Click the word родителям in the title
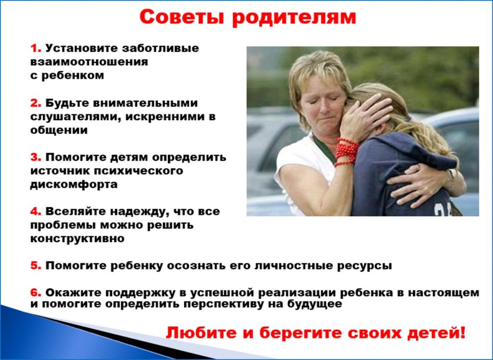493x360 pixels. [294, 18]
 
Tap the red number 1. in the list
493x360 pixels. [36, 49]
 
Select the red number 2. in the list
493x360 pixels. [36, 103]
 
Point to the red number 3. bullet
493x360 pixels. [36, 157]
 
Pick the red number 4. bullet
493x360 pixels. [36, 211]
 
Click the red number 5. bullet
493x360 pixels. [36, 266]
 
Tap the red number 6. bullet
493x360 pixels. [36, 293]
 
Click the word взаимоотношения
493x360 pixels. [89, 62]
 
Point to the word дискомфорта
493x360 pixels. [74, 185]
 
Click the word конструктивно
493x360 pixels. [78, 239]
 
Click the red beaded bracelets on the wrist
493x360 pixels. [346, 152]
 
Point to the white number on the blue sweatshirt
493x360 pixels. [443, 209]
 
